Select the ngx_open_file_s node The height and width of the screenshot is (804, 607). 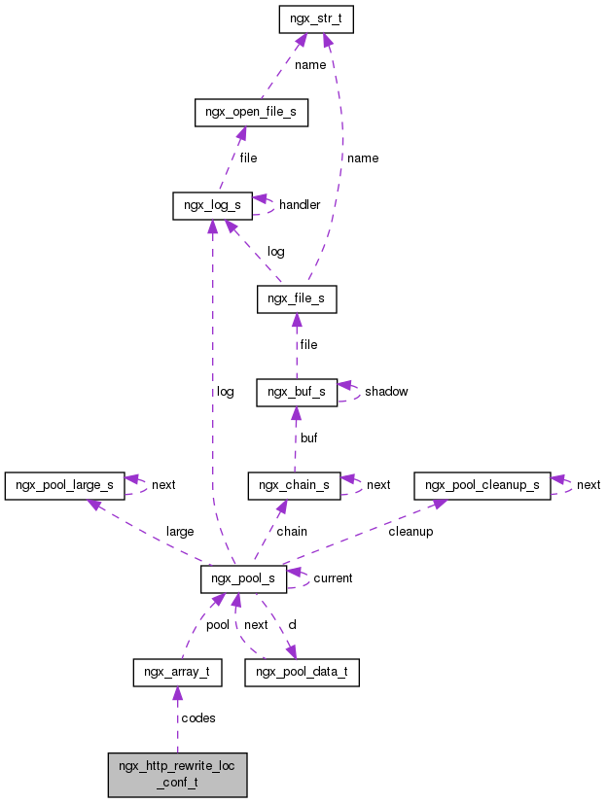(x=251, y=113)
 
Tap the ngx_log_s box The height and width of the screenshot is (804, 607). (x=212, y=206)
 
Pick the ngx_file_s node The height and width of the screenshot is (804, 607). (x=297, y=299)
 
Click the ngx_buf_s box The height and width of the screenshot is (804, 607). (x=297, y=392)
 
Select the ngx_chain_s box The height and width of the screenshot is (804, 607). (x=295, y=484)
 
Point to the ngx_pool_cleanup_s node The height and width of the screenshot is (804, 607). (x=482, y=484)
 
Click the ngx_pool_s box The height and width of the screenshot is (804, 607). (x=243, y=578)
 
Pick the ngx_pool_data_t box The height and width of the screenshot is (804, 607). (x=303, y=672)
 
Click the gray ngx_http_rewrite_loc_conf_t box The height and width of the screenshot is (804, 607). (x=177, y=774)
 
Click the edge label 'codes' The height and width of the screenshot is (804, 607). (x=197, y=718)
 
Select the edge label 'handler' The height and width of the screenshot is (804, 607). (x=300, y=205)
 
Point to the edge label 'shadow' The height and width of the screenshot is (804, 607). (x=386, y=392)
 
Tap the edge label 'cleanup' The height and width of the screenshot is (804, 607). (x=411, y=532)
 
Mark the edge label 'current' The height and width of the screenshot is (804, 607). (x=333, y=578)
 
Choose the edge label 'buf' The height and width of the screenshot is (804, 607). (x=308, y=438)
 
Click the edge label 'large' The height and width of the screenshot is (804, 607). (x=180, y=532)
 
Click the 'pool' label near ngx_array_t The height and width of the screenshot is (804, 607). (x=218, y=625)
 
